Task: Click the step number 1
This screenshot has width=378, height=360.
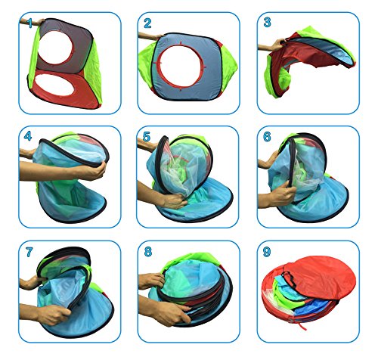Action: coord(29,23)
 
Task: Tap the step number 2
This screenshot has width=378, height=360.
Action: coord(147,23)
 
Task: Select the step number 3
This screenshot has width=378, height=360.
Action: coord(267,22)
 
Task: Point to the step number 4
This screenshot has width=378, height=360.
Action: coord(28,136)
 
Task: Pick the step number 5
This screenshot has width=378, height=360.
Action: coord(147,136)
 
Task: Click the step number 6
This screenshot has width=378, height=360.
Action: coord(267,136)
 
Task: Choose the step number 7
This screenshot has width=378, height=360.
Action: coord(29,252)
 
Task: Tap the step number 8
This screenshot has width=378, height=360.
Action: coord(148,251)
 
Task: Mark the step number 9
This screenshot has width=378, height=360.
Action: coord(267,252)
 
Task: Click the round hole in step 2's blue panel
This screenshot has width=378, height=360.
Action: coord(181,67)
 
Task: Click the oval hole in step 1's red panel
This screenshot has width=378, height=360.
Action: coord(54,85)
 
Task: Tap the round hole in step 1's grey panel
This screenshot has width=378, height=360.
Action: coord(55,48)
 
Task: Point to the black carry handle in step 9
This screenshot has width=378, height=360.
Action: coord(289,279)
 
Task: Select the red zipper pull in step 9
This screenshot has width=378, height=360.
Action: coord(302,326)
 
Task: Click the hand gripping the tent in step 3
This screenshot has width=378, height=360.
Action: coord(277,45)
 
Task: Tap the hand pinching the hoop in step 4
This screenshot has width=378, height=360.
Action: coord(92,171)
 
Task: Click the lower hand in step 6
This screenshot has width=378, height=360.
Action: coord(281,194)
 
